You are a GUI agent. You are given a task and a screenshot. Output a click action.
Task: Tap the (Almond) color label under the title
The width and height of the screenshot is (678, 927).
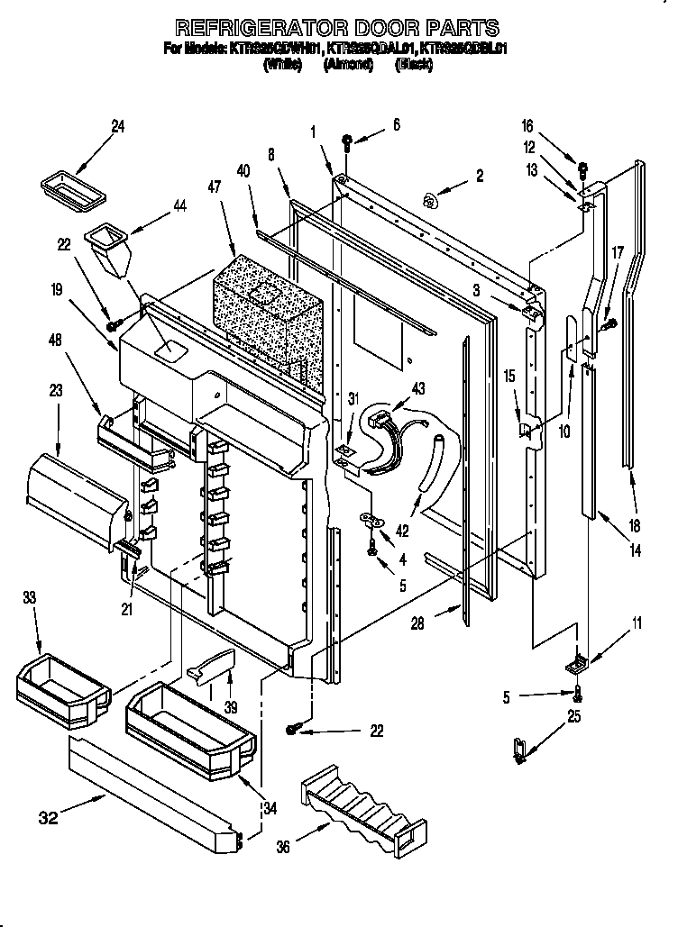coord(350,66)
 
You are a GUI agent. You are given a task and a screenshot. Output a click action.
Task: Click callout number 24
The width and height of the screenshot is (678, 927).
coord(118,127)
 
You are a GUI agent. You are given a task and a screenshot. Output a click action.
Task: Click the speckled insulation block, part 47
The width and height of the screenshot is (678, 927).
coord(266,315)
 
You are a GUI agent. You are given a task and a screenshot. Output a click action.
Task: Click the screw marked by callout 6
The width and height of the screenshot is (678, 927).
coord(347,141)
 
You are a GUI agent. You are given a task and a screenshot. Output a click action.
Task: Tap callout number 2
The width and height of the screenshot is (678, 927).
coord(479,177)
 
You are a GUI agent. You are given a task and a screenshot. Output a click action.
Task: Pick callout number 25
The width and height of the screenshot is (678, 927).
coord(574,717)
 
